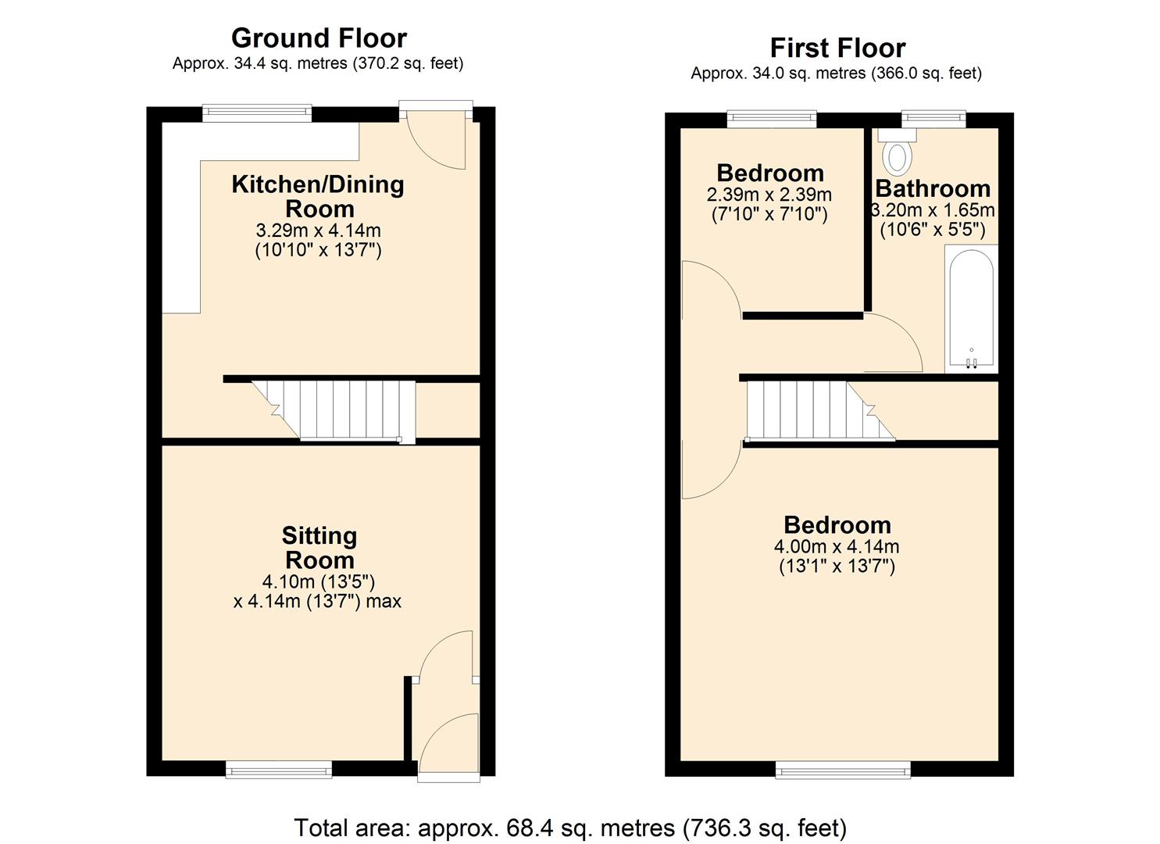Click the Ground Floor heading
pos(319,38)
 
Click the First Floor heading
pos(837,48)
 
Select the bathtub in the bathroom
pos(971,309)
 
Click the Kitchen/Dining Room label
pos(318,196)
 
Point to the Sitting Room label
pos(319,548)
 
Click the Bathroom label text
pos(932,189)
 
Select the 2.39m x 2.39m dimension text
pos(769,195)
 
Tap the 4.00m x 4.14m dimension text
pos(837,546)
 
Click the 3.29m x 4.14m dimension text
pos(318,231)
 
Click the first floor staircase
pos(812,409)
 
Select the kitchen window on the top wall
pos(257,113)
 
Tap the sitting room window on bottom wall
pos(279,770)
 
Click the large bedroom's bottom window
pos(843,770)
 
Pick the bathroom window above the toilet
pos(933,119)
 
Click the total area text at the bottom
pos(570,827)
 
